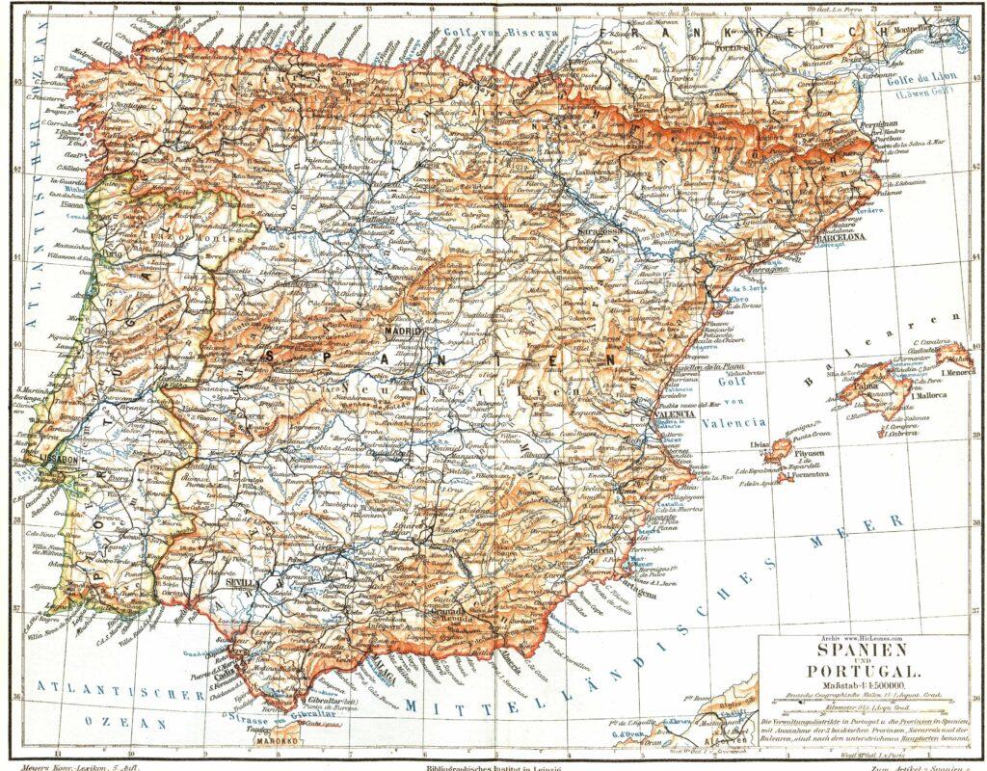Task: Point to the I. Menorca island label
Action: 956,370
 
